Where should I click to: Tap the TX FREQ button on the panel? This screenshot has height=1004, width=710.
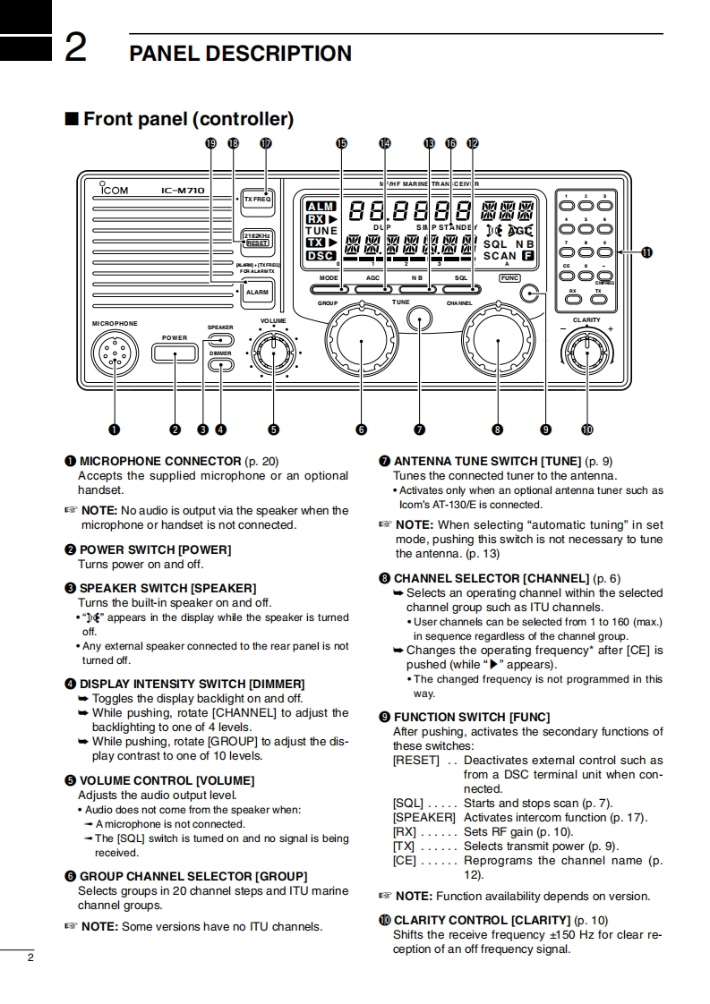[x=258, y=199]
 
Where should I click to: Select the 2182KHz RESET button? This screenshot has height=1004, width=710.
[x=258, y=239]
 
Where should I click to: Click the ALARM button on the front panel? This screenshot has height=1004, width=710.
[x=257, y=293]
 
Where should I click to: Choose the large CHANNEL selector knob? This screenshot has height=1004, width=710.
[x=497, y=341]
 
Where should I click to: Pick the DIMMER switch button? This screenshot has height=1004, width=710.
[x=220, y=365]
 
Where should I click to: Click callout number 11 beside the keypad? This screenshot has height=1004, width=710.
[x=646, y=252]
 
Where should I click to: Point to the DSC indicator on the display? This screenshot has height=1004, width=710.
[x=321, y=255]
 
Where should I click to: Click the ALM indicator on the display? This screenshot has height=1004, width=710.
[x=321, y=207]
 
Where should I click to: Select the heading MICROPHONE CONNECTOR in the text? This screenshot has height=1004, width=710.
[x=161, y=461]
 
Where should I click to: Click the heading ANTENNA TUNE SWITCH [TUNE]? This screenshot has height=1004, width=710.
[x=487, y=461]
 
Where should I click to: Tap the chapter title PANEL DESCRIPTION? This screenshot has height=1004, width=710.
[x=240, y=53]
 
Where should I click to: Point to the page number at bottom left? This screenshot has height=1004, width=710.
[x=30, y=958]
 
